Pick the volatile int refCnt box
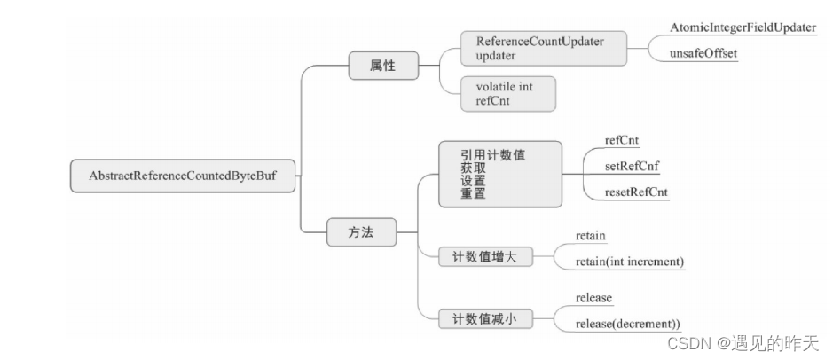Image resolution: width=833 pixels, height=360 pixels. click(508, 93)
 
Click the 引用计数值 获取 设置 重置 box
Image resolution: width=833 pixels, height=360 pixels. click(499, 174)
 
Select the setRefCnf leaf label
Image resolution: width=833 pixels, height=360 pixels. click(630, 167)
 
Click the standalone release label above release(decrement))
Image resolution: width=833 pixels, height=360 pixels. click(594, 297)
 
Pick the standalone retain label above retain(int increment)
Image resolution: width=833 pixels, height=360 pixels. click(591, 237)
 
